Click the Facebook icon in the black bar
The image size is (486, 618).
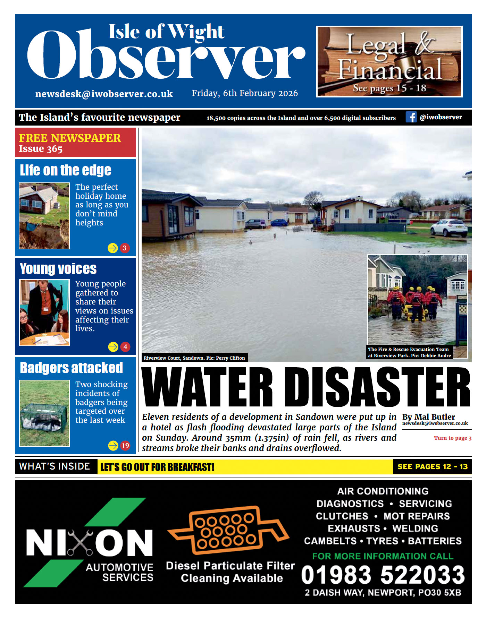411,117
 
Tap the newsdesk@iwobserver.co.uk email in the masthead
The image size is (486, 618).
104,94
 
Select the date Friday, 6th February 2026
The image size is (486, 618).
245,93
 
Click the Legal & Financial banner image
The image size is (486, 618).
389,61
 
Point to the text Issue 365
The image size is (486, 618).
41,149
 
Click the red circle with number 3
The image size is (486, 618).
125,248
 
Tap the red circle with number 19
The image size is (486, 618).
125,445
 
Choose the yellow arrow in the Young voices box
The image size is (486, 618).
113,346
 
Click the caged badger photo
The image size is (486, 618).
44,413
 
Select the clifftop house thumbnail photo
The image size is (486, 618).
44,216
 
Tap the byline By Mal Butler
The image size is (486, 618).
428,417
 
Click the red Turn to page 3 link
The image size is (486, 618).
453,438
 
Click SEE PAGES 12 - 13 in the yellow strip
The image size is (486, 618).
432,467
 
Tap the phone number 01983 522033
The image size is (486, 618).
383,575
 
